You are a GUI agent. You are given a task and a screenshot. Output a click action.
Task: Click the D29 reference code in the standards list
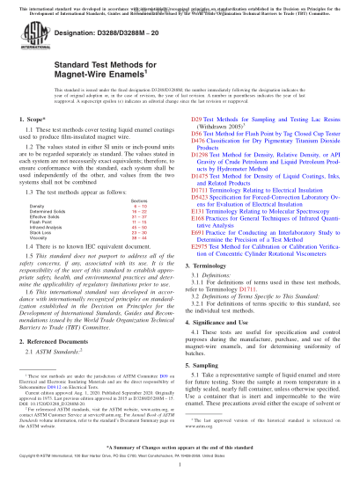[x=196, y=141]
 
